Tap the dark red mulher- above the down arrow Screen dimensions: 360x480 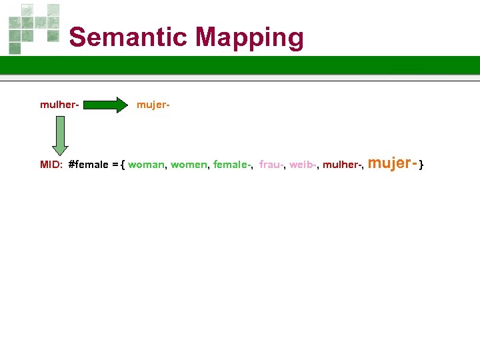60,105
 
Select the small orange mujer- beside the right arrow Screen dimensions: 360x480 153,105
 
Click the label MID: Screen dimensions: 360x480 51,165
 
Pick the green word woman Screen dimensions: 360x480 146,165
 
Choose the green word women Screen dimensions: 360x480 189,165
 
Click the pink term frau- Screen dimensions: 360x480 271,165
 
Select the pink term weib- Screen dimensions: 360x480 303,165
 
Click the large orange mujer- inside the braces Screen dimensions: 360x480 393,163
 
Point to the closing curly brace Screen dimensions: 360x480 421,165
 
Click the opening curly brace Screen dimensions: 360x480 123,165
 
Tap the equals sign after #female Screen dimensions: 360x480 115,165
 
